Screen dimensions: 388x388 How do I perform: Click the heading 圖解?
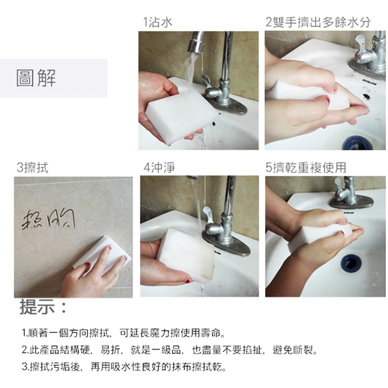point(36,78)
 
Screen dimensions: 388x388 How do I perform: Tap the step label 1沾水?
point(158,23)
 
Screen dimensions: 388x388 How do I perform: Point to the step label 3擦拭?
point(32,167)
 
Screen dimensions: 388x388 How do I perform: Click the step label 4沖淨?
point(159,167)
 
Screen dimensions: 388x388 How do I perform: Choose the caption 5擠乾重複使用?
point(306,167)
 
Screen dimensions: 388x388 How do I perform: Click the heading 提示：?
point(43,307)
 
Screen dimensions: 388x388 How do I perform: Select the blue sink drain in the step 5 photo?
point(350,262)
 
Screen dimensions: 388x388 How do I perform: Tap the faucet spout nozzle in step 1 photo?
point(194,47)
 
